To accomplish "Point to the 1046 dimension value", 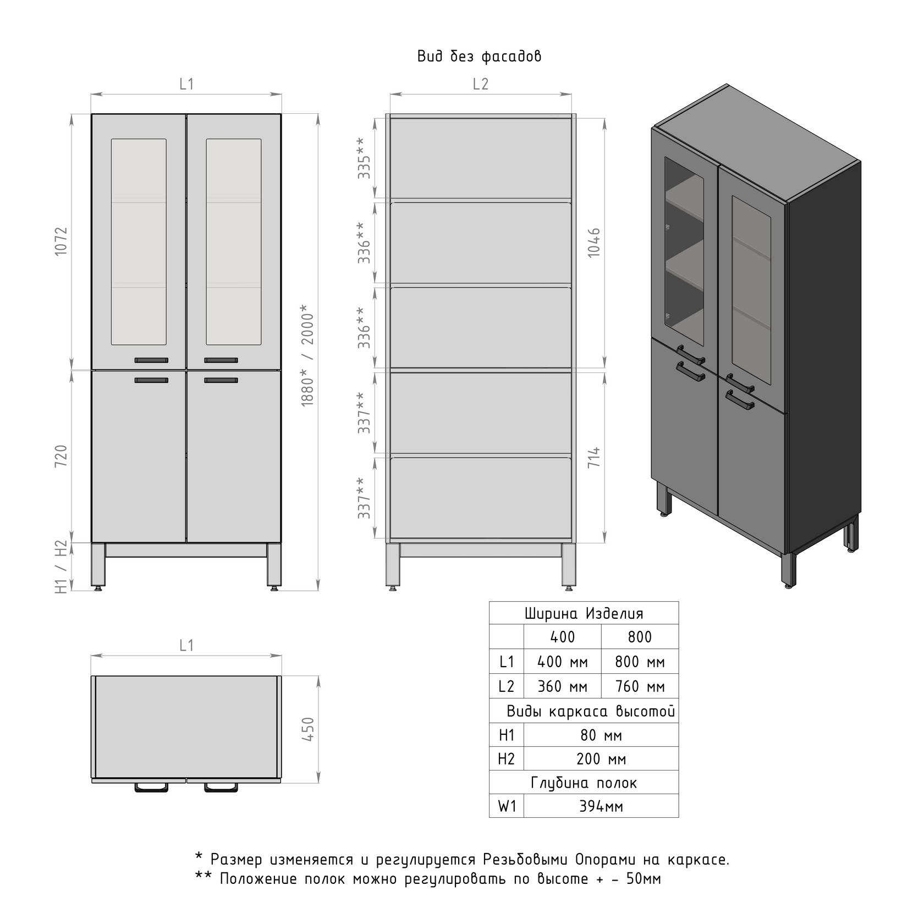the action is (594, 243).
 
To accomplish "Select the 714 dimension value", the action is (594, 458).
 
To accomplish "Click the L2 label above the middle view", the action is (481, 84).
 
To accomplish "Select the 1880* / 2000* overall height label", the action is (308, 356).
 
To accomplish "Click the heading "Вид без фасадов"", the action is (479, 56).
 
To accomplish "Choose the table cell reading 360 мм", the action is (562, 686).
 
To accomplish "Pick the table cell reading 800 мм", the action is (640, 662).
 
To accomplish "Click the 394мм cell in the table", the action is (601, 806).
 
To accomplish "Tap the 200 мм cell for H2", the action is (601, 759).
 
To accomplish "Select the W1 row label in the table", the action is (507, 806).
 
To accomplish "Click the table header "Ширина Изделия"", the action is (584, 613).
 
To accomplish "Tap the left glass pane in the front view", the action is (139, 242).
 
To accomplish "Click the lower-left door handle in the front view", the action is (151, 380).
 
